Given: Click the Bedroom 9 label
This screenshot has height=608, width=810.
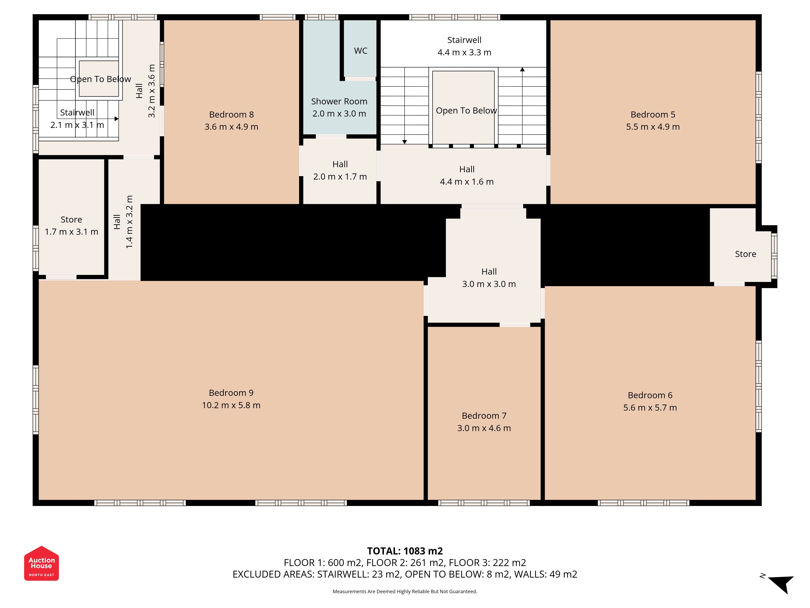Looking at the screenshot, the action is click(231, 393).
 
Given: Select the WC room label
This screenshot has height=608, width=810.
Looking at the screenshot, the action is click(361, 51).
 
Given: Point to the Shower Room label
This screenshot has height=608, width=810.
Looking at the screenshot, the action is click(339, 102).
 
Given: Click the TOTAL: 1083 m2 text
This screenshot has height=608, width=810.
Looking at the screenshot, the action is click(405, 551).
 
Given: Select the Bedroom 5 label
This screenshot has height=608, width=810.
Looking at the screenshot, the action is click(653, 115).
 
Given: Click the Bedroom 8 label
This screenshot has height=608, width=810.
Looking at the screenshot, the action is click(231, 115).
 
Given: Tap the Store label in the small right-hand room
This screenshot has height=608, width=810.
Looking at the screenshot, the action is click(746, 254).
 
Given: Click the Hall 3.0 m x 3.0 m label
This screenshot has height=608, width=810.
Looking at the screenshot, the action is click(489, 278).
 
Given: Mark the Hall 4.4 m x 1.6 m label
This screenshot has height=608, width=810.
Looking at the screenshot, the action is click(467, 176).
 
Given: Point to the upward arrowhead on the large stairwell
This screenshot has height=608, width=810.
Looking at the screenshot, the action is click(522, 69).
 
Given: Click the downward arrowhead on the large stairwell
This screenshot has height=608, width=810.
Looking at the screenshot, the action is click(405, 142).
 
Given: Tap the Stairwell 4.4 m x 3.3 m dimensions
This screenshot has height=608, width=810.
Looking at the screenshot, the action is click(464, 52).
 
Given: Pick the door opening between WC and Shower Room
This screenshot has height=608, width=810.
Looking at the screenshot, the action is click(360, 79).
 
